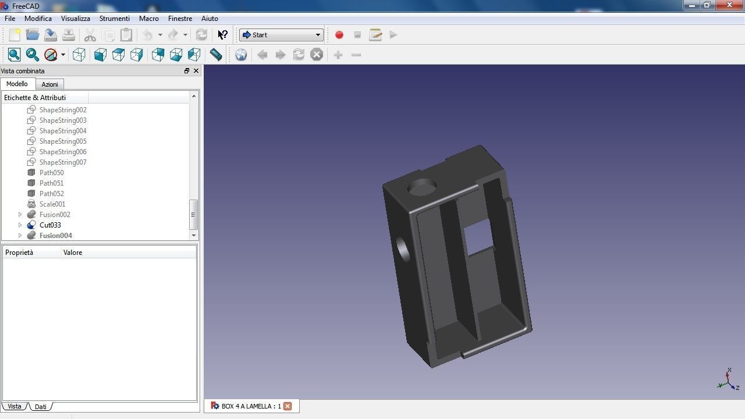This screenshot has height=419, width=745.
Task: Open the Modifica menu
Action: coord(38,19)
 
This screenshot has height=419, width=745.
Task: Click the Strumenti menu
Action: coord(114,19)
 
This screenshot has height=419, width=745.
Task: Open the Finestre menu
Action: coord(180,19)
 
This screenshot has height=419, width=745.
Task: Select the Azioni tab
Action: coord(49,84)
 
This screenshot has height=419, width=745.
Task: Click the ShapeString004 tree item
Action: coord(63,131)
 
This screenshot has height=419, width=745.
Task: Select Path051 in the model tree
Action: coord(51,183)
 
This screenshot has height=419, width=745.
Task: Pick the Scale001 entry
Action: coord(52,204)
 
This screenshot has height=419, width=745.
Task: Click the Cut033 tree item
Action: coord(50,225)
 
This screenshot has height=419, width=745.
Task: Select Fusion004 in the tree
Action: coord(56,236)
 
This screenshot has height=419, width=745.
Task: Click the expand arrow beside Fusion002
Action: coord(20,215)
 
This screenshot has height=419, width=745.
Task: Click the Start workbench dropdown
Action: coord(281,35)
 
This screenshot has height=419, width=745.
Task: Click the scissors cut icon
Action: coord(90,35)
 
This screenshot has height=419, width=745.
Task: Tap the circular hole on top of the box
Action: coord(422,187)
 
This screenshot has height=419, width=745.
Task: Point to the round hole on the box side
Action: coord(403,249)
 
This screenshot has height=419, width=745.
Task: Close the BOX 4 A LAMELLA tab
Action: coord(287,406)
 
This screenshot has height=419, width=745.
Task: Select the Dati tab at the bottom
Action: coord(40,407)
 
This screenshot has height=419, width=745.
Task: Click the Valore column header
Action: coord(73,253)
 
